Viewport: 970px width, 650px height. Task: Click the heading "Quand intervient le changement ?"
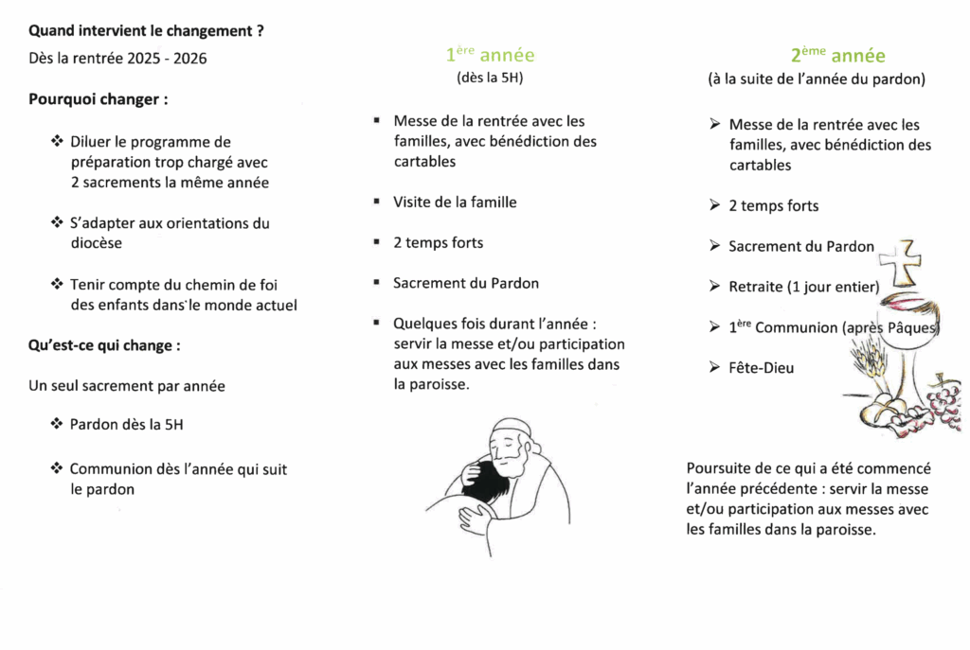[x=146, y=31]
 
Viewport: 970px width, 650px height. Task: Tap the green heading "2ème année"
[x=838, y=56]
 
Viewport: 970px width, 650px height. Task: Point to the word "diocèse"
[x=97, y=243]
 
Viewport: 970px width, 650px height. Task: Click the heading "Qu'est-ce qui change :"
[x=104, y=345]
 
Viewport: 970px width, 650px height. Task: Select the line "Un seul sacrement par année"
[x=127, y=386]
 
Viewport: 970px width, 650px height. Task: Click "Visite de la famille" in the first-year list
[x=455, y=202]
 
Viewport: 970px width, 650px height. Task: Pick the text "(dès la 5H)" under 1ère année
[x=490, y=79]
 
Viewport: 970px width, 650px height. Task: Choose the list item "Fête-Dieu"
[x=762, y=368]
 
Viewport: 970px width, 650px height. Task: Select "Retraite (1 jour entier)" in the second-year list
[x=803, y=287]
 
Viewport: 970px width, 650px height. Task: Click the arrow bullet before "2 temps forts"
[x=714, y=205]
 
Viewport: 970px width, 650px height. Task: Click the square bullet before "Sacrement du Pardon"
[x=377, y=283]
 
